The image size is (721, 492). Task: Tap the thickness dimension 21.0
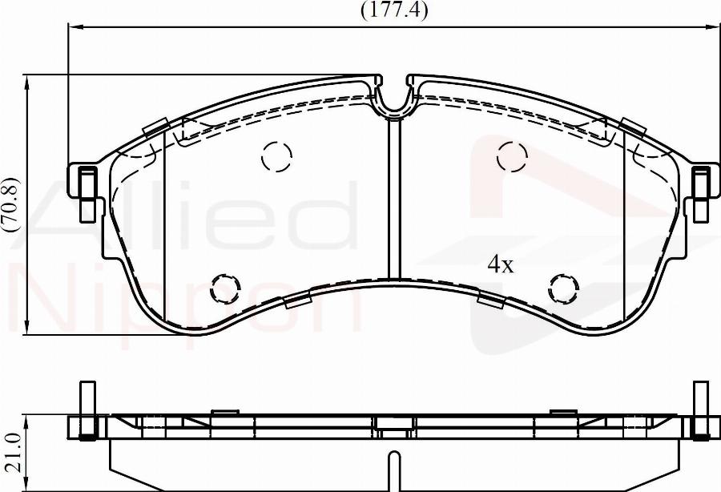(11, 454)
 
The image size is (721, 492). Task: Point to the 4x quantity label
(501, 265)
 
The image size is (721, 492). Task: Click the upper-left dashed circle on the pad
(276, 157)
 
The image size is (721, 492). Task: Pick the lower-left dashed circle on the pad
(225, 288)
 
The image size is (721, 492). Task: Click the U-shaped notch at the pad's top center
(393, 97)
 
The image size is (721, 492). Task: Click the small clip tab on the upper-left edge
(155, 127)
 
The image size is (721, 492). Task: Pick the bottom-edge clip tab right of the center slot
(490, 300)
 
